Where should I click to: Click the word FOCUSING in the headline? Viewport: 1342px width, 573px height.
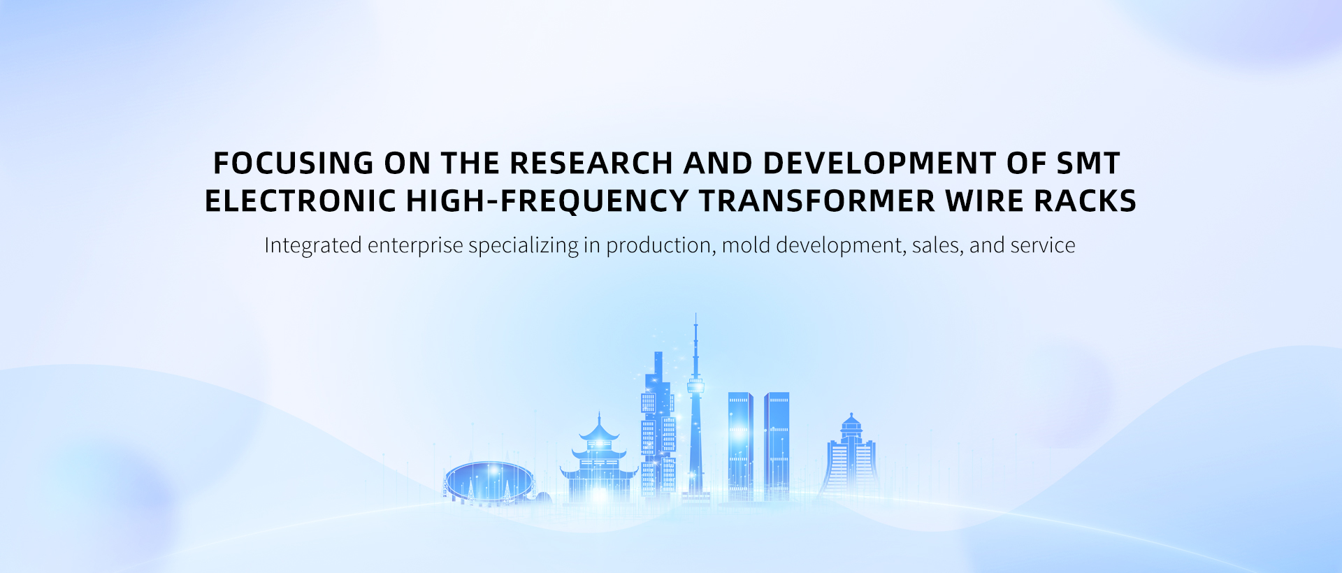[x=293, y=164]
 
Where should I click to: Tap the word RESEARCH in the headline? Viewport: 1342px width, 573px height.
[x=591, y=164]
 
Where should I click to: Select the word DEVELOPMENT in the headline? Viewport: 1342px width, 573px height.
[x=880, y=164]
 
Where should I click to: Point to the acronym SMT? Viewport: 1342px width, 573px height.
[x=1088, y=164]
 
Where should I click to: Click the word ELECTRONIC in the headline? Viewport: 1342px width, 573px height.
[x=301, y=201]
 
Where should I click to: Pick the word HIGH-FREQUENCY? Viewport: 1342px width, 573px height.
[x=548, y=201]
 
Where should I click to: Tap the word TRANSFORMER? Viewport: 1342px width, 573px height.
[x=817, y=201]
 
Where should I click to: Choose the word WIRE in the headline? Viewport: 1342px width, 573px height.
[x=985, y=201]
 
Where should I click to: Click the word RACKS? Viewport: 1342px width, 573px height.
[x=1085, y=201]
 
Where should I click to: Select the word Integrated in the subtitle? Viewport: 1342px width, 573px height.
[x=312, y=246]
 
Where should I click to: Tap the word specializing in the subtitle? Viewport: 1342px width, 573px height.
[x=524, y=247]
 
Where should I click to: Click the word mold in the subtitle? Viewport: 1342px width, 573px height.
[x=746, y=245]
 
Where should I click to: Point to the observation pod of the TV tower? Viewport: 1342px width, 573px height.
[x=695, y=386]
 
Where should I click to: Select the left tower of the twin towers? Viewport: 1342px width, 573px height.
[x=740, y=446]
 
